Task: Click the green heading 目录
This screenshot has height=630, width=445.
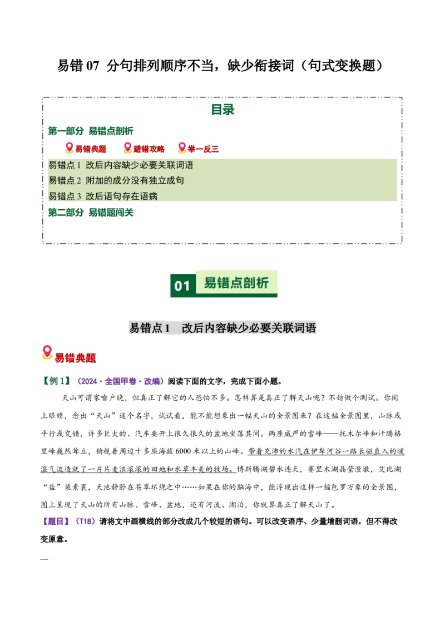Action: [222, 109]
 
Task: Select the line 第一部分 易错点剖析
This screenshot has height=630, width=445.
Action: [91, 131]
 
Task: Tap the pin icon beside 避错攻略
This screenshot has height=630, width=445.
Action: [127, 148]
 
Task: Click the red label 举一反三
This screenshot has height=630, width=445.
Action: [203, 149]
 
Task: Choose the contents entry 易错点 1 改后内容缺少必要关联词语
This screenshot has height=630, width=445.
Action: [121, 165]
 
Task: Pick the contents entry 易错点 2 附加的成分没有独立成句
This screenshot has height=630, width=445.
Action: [116, 181]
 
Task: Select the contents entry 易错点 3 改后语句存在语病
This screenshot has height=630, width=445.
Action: [103, 196]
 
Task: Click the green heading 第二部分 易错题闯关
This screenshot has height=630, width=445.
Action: [91, 213]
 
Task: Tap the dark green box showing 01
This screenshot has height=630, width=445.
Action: [183, 286]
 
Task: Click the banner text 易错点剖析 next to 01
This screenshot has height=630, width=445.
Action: [236, 283]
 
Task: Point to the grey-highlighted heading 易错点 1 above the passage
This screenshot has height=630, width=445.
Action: [150, 328]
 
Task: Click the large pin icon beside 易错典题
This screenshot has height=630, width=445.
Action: [47, 352]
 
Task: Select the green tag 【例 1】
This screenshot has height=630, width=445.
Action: [56, 381]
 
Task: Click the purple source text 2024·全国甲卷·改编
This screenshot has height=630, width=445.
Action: [121, 381]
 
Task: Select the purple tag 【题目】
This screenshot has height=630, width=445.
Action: [56, 521]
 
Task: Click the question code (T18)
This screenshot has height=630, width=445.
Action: [86, 521]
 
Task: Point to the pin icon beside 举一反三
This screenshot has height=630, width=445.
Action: [182, 148]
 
